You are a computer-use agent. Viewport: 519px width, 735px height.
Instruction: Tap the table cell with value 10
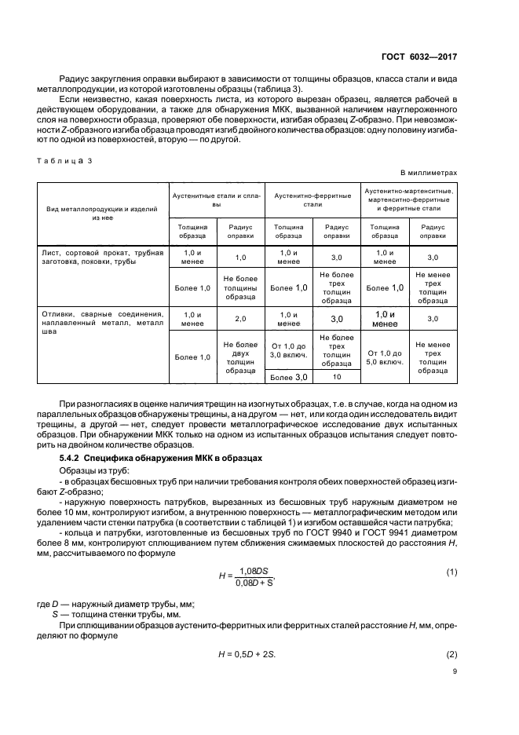pos(337,377)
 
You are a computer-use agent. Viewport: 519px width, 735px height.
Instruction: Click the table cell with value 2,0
pos(240,319)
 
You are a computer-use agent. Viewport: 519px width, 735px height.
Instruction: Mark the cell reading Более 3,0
pos(289,377)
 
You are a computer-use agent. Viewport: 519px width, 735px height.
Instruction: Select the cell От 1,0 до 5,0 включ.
pos(385,357)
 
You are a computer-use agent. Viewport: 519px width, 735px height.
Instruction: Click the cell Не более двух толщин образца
pos(240,357)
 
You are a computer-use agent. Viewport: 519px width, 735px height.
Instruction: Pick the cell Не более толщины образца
pos(240,287)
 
